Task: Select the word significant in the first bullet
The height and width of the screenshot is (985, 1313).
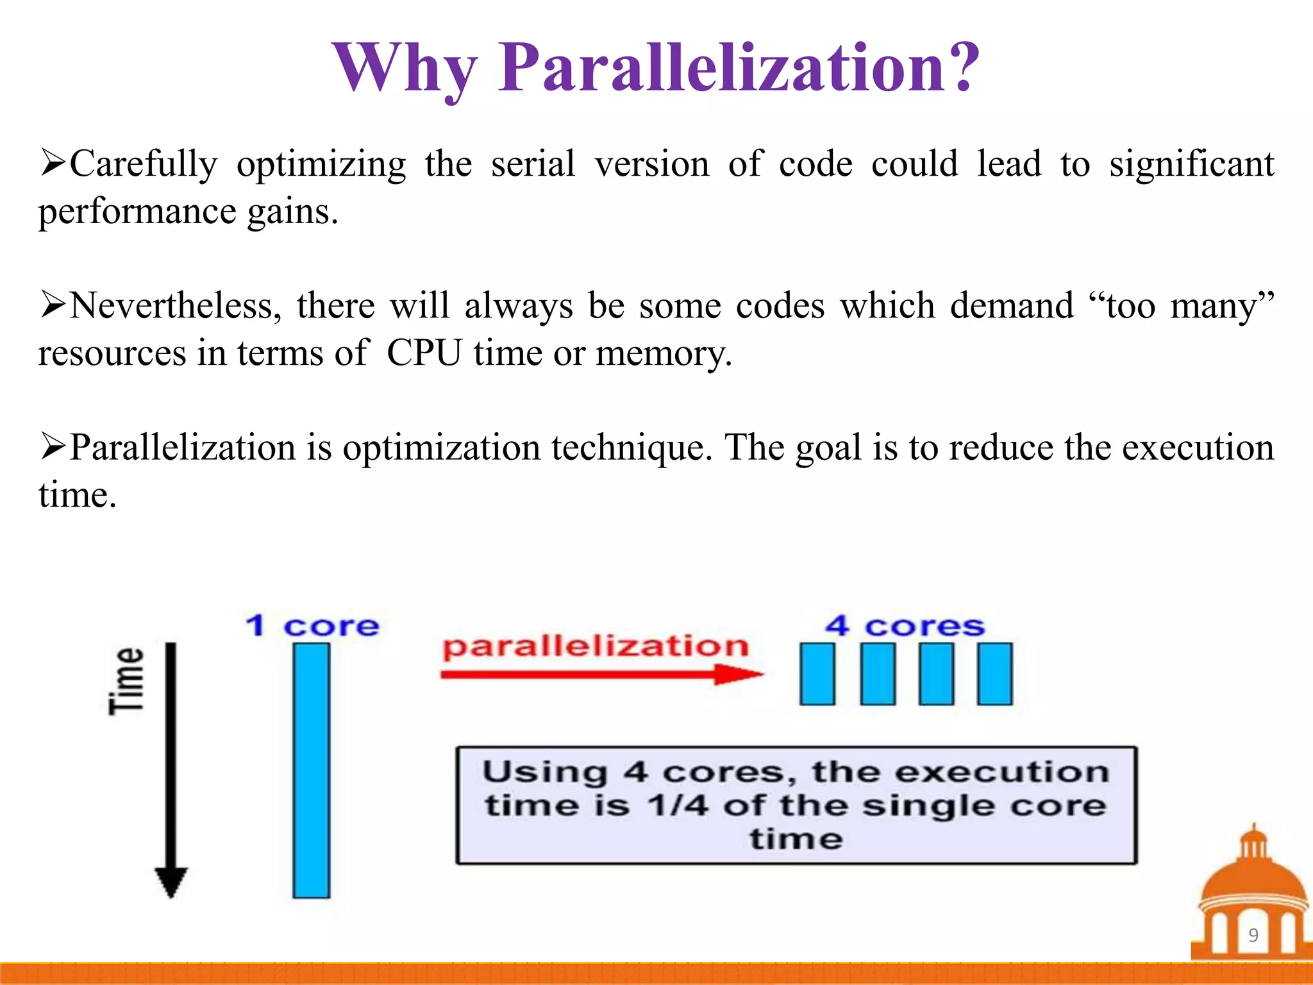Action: [x=1191, y=165]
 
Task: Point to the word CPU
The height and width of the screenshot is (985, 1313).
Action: [x=424, y=353]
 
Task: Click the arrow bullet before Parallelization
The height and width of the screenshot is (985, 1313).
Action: [x=53, y=446]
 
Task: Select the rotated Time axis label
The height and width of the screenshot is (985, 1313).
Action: [x=126, y=680]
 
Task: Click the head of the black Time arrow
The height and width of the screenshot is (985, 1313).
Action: [x=171, y=882]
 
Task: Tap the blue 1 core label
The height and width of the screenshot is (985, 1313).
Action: [x=312, y=626]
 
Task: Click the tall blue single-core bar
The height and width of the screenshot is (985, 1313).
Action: [x=312, y=770]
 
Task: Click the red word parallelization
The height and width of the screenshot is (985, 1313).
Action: [x=596, y=646]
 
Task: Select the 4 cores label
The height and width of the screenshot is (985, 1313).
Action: [x=905, y=626]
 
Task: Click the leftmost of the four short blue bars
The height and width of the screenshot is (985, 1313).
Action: [x=817, y=674]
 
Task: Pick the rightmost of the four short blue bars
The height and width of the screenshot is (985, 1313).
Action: [x=994, y=674]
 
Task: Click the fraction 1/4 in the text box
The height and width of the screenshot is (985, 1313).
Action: [x=678, y=805]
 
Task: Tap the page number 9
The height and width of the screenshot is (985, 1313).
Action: [x=1253, y=935]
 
